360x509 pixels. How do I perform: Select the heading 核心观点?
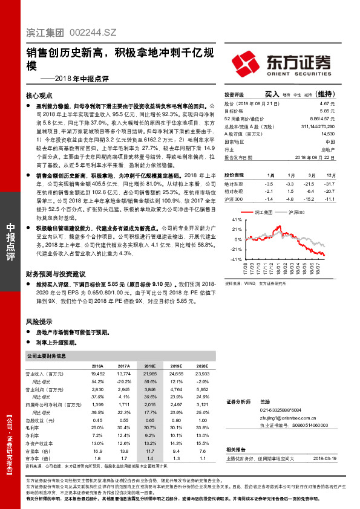click(x=39, y=96)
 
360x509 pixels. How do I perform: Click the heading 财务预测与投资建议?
click(x=56, y=257)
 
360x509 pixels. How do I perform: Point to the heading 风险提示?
click(x=39, y=322)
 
